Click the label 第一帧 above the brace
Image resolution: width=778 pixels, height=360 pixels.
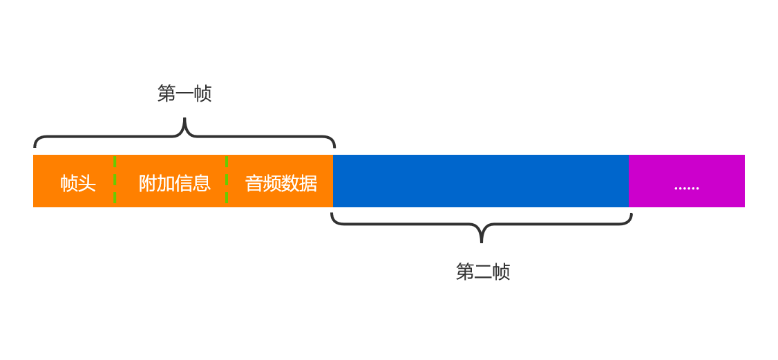click(x=184, y=93)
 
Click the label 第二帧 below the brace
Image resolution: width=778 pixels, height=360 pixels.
click(x=483, y=272)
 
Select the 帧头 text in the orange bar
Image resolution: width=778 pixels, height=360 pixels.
click(x=77, y=183)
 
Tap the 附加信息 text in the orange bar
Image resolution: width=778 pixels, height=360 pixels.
click(x=174, y=183)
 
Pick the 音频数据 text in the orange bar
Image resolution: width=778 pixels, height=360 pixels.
click(x=281, y=183)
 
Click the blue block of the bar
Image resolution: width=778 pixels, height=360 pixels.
click(x=480, y=181)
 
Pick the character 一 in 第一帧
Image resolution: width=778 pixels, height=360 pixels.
click(x=184, y=94)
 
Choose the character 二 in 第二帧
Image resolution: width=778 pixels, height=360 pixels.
click(x=483, y=272)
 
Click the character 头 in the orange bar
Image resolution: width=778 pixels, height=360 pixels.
click(x=86, y=183)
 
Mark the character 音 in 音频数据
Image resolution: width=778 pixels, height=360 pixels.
click(x=254, y=183)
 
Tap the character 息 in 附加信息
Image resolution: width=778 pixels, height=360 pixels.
click(x=202, y=183)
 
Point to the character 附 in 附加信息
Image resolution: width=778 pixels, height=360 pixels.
click(x=147, y=183)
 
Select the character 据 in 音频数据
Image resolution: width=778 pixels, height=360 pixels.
click(x=308, y=183)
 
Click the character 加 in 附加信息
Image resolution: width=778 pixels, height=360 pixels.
click(x=165, y=183)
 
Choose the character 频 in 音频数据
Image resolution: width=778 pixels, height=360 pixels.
click(x=272, y=183)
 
